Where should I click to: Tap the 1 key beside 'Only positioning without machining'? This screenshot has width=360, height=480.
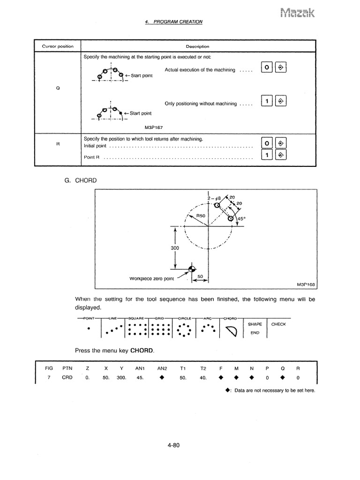(266, 102)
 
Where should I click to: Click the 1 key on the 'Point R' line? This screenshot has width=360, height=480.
(266, 155)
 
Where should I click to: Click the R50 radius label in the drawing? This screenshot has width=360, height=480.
(201, 215)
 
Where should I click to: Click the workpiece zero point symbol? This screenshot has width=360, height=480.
(191, 269)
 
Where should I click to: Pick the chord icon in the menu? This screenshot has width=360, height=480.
(232, 332)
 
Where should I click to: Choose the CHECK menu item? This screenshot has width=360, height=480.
(278, 324)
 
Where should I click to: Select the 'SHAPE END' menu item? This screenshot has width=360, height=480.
(255, 328)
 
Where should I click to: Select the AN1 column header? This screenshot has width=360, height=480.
(139, 368)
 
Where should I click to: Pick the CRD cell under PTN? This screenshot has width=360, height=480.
(67, 378)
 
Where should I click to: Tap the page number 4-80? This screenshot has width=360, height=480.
(173, 445)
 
